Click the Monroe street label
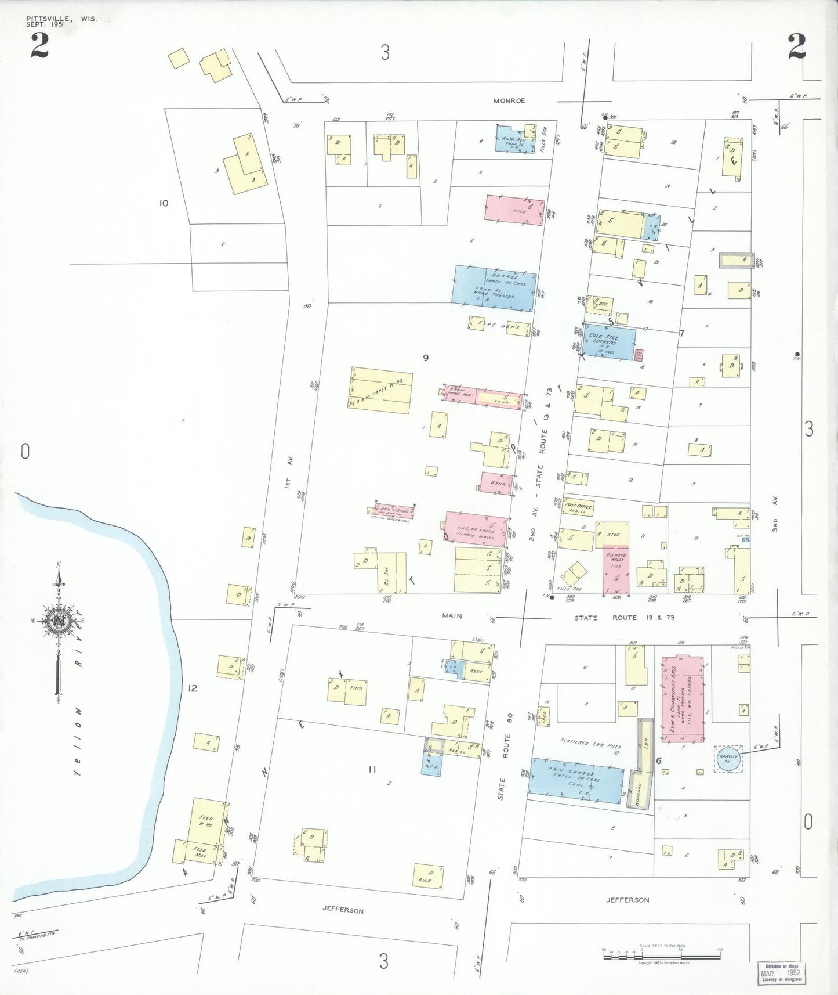[x=509, y=100]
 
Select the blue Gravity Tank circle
[x=728, y=758]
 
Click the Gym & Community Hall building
[x=683, y=699]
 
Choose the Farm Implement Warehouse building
[x=380, y=390]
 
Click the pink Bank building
[x=496, y=483]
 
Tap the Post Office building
[x=578, y=507]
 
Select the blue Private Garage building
[x=576, y=780]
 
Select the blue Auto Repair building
[x=514, y=140]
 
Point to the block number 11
[x=372, y=769]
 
